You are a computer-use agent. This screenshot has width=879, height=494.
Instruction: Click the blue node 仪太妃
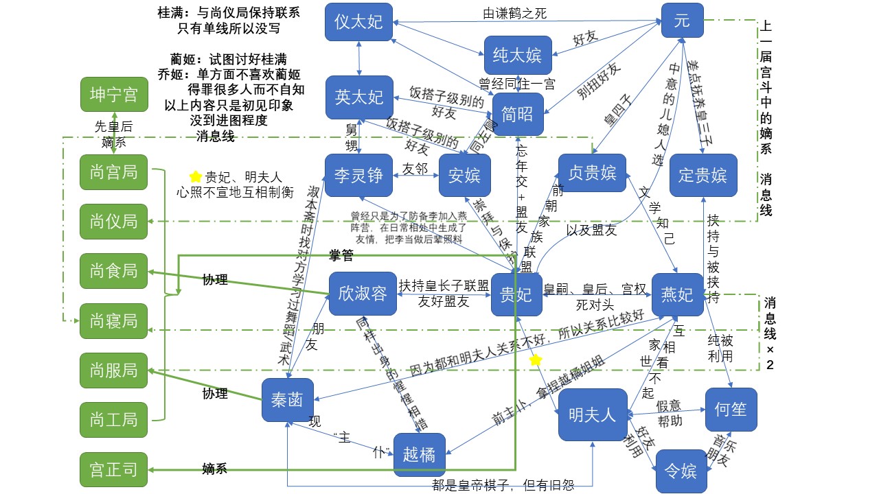[358, 21]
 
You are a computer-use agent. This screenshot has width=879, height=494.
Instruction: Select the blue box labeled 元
[682, 21]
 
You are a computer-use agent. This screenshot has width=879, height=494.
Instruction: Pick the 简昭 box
[518, 114]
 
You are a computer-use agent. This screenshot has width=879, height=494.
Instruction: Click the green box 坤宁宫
[114, 95]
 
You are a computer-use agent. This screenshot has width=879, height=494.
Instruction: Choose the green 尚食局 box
[114, 271]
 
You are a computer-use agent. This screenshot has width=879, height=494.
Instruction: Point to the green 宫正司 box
[114, 470]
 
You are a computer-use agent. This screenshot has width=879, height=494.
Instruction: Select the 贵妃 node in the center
[516, 294]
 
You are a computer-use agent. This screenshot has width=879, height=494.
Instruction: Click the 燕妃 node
[677, 294]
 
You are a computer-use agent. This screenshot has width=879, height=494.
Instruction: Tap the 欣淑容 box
[363, 294]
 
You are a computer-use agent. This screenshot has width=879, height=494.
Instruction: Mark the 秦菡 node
[288, 399]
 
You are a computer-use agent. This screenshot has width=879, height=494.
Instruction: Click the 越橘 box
[420, 454]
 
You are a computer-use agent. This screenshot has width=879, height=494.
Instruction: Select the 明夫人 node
[593, 414]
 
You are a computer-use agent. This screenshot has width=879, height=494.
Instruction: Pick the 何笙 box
[731, 410]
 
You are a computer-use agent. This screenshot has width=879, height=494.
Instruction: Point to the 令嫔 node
[681, 471]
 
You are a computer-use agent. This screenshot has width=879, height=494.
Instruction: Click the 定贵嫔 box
[703, 175]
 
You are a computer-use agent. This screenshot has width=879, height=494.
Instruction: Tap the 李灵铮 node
[358, 175]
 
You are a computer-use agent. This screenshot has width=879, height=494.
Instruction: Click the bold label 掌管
[342, 256]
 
